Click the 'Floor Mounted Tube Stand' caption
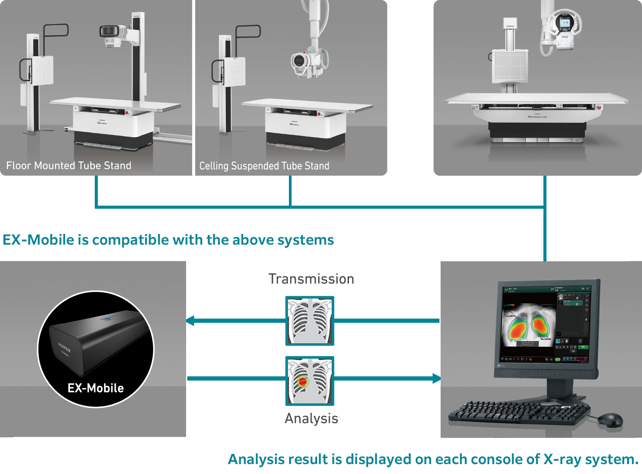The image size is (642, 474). (x=69, y=166)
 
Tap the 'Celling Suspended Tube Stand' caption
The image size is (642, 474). (x=264, y=166)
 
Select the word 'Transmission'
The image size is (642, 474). (x=311, y=279)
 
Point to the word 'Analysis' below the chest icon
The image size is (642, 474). (x=311, y=419)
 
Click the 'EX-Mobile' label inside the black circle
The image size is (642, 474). (x=96, y=388)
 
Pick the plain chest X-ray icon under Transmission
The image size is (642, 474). (x=310, y=321)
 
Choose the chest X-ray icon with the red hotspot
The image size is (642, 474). (x=310, y=381)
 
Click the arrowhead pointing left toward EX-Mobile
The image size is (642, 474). (x=190, y=321)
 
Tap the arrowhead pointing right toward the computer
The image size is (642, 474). (x=436, y=379)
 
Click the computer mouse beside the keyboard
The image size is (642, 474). (x=610, y=420)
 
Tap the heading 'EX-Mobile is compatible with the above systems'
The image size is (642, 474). (x=168, y=240)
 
